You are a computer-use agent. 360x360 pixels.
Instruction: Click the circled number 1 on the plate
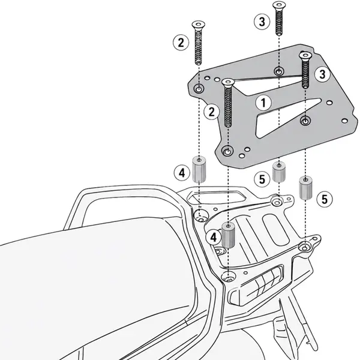[263, 103]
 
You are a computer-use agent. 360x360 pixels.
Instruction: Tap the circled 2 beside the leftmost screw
[181, 43]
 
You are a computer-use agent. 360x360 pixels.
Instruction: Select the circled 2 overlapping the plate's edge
[211, 112]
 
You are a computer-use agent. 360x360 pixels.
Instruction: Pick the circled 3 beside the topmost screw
[262, 22]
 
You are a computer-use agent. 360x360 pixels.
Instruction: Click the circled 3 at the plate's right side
[322, 74]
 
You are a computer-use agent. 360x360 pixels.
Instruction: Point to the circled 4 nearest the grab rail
[182, 173]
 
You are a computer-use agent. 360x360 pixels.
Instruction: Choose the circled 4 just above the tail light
[214, 237]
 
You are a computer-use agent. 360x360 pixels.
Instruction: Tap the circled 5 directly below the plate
[262, 179]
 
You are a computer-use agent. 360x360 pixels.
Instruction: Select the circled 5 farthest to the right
[325, 199]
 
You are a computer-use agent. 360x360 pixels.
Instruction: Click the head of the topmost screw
[279, 5]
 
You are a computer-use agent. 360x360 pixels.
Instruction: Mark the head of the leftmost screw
[199, 25]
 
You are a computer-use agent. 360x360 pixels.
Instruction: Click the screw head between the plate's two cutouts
[228, 82]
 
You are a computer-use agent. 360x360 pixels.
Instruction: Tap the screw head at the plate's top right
[305, 56]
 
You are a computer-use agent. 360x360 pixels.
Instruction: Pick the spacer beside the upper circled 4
[199, 169]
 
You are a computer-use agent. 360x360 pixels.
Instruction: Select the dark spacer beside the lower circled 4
[228, 235]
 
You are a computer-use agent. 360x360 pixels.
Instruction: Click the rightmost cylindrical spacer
[305, 187]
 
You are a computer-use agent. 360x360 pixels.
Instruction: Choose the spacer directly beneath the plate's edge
[279, 172]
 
